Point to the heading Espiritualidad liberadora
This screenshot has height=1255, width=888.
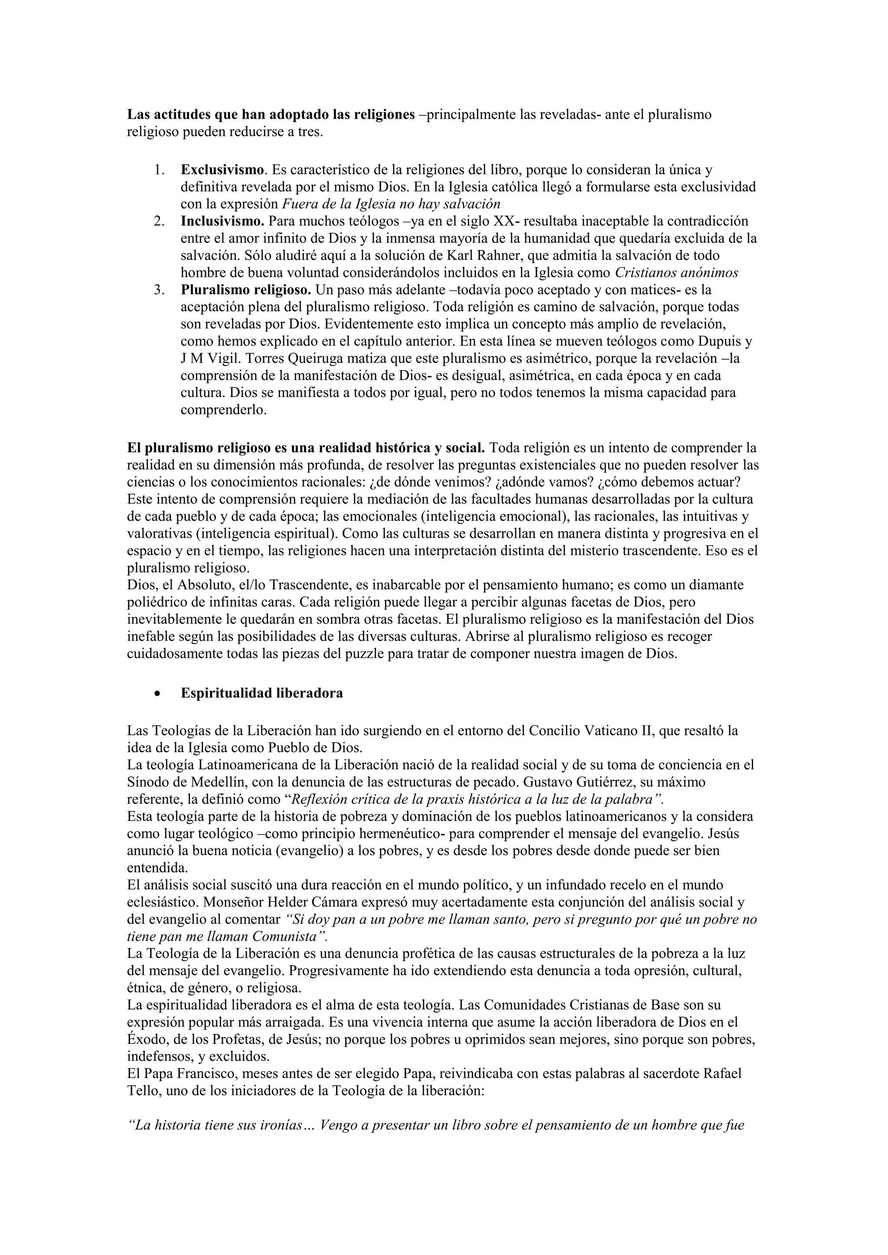click(x=262, y=693)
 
